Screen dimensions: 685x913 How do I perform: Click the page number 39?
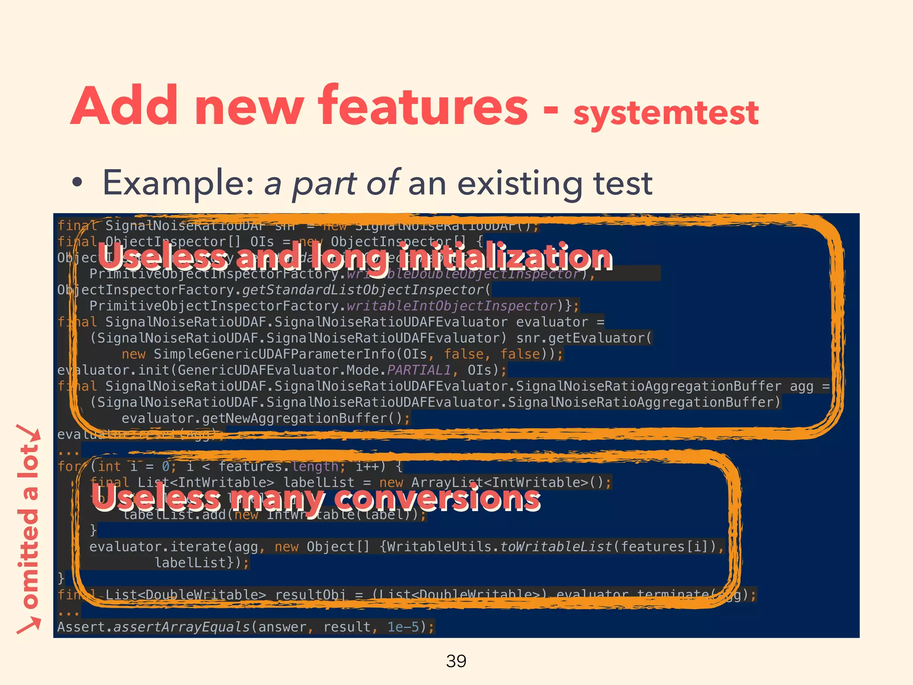456,661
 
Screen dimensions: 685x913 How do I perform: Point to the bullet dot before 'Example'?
78,183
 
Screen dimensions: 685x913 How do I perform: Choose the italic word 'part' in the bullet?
324,183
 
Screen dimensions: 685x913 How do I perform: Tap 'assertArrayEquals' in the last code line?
181,627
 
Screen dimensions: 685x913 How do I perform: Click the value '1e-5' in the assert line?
403,627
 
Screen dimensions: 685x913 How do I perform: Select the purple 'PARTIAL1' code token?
419,370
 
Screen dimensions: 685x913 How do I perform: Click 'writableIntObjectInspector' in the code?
451,306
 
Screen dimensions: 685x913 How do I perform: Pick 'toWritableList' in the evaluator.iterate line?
556,547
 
